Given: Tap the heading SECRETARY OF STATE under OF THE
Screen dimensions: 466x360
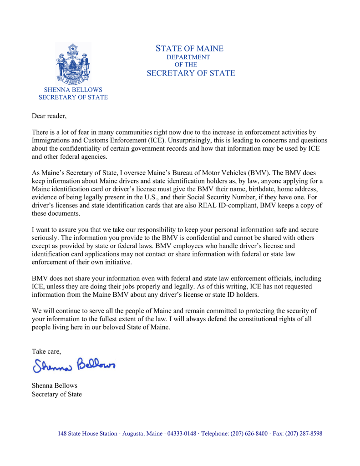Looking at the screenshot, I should tap(191, 73).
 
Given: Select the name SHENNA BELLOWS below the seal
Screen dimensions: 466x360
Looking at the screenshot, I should tap(73, 90).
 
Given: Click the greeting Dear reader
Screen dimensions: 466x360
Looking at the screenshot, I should tap(49, 116).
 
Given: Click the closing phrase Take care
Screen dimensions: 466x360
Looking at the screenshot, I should tap(46, 351).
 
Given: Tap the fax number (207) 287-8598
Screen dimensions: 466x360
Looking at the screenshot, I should tap(304, 434).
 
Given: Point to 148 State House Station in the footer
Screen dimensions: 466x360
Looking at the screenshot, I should tap(87, 434).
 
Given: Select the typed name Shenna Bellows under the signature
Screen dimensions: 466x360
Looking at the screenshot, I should tap(55, 385).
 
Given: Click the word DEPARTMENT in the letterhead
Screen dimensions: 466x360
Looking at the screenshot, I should tap(188, 57).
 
